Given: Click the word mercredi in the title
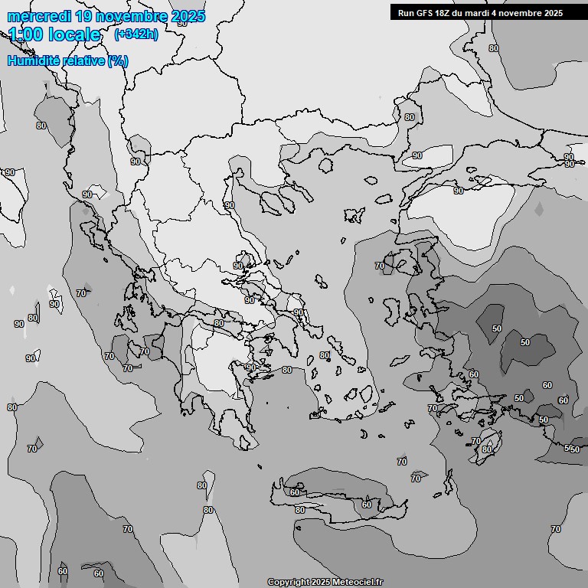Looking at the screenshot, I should tap(35, 16).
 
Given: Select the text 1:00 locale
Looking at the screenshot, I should tap(54, 34).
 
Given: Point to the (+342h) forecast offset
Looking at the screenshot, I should tap(136, 34).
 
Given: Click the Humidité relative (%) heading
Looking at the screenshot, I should tap(68, 61).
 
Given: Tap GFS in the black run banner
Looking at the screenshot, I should tap(423, 13).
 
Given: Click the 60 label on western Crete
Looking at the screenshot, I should tap(296, 492).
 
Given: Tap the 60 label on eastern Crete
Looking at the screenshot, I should tap(367, 504).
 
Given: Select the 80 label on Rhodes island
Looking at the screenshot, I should tap(487, 449).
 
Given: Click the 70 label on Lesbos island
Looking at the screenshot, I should tap(380, 266).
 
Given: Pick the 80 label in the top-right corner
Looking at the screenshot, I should tap(493, 48).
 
